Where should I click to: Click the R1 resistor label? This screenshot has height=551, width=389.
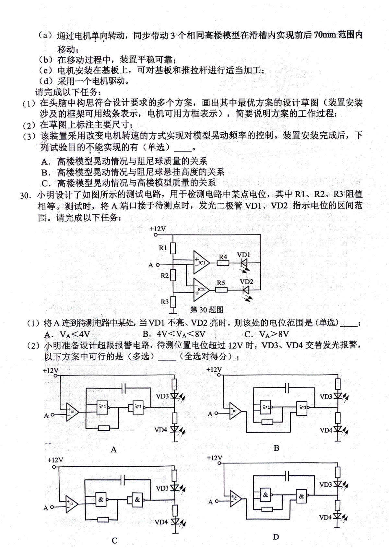pos(163,248)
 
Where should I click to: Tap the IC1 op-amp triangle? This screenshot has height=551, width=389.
pos(201,262)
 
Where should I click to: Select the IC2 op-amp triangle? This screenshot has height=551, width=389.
pos(201,290)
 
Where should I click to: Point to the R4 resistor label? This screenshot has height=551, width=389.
pos(223,257)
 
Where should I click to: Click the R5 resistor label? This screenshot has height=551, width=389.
pos(220,283)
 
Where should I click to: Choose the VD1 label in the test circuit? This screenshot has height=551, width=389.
pos(243,255)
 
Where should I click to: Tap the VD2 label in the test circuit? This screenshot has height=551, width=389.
pos(246,281)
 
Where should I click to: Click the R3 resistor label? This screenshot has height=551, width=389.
pos(164,302)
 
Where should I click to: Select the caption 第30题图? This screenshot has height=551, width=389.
pos(207,309)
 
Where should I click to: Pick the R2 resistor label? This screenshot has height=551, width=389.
pos(164,276)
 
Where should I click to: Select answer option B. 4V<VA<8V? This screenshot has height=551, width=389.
pos(174,334)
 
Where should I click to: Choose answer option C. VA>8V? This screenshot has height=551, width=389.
pos(266,334)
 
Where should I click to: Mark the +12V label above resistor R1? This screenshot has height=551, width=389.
pos(158,229)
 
